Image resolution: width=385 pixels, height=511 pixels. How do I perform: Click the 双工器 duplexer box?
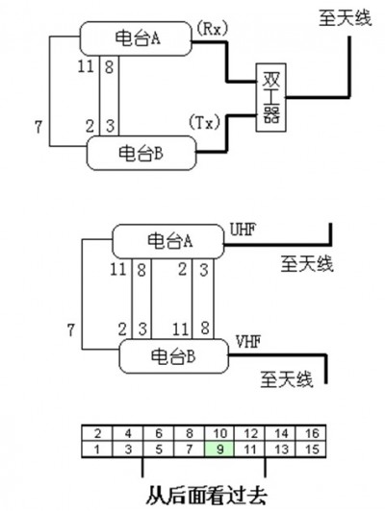coord(271,97)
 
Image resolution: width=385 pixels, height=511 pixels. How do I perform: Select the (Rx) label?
coord(212,30)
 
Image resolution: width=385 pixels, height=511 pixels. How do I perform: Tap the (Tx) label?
coord(205,123)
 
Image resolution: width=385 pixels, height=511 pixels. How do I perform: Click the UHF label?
coord(243,230)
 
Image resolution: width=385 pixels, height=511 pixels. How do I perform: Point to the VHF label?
coord(248,342)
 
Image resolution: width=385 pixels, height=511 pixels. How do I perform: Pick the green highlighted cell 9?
coord(219,450)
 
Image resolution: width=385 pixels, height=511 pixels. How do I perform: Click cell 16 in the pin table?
coord(311,433)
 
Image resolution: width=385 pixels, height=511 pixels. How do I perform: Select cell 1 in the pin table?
coord(96,450)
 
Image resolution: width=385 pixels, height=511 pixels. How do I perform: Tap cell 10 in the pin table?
coord(219,433)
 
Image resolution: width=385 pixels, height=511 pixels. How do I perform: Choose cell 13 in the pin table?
coord(281,450)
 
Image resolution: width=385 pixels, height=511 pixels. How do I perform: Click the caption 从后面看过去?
coord(206,496)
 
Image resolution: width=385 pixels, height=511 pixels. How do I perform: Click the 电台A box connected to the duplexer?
coord(136,38)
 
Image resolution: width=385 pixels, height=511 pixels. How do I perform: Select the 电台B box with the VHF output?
coord(173,355)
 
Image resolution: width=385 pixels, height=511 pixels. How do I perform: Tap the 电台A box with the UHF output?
coord(168,241)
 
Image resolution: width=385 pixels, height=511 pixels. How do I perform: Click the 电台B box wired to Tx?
coord(141,153)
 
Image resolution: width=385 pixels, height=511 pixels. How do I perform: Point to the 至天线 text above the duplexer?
coord(346,18)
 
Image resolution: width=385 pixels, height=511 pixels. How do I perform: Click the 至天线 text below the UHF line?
coord(307,263)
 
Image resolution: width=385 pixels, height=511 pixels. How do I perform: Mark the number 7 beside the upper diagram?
coord(38,127)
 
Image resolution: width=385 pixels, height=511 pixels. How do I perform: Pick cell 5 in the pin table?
coord(158,450)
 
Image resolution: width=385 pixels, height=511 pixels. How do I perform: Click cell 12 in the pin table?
coord(250,433)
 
